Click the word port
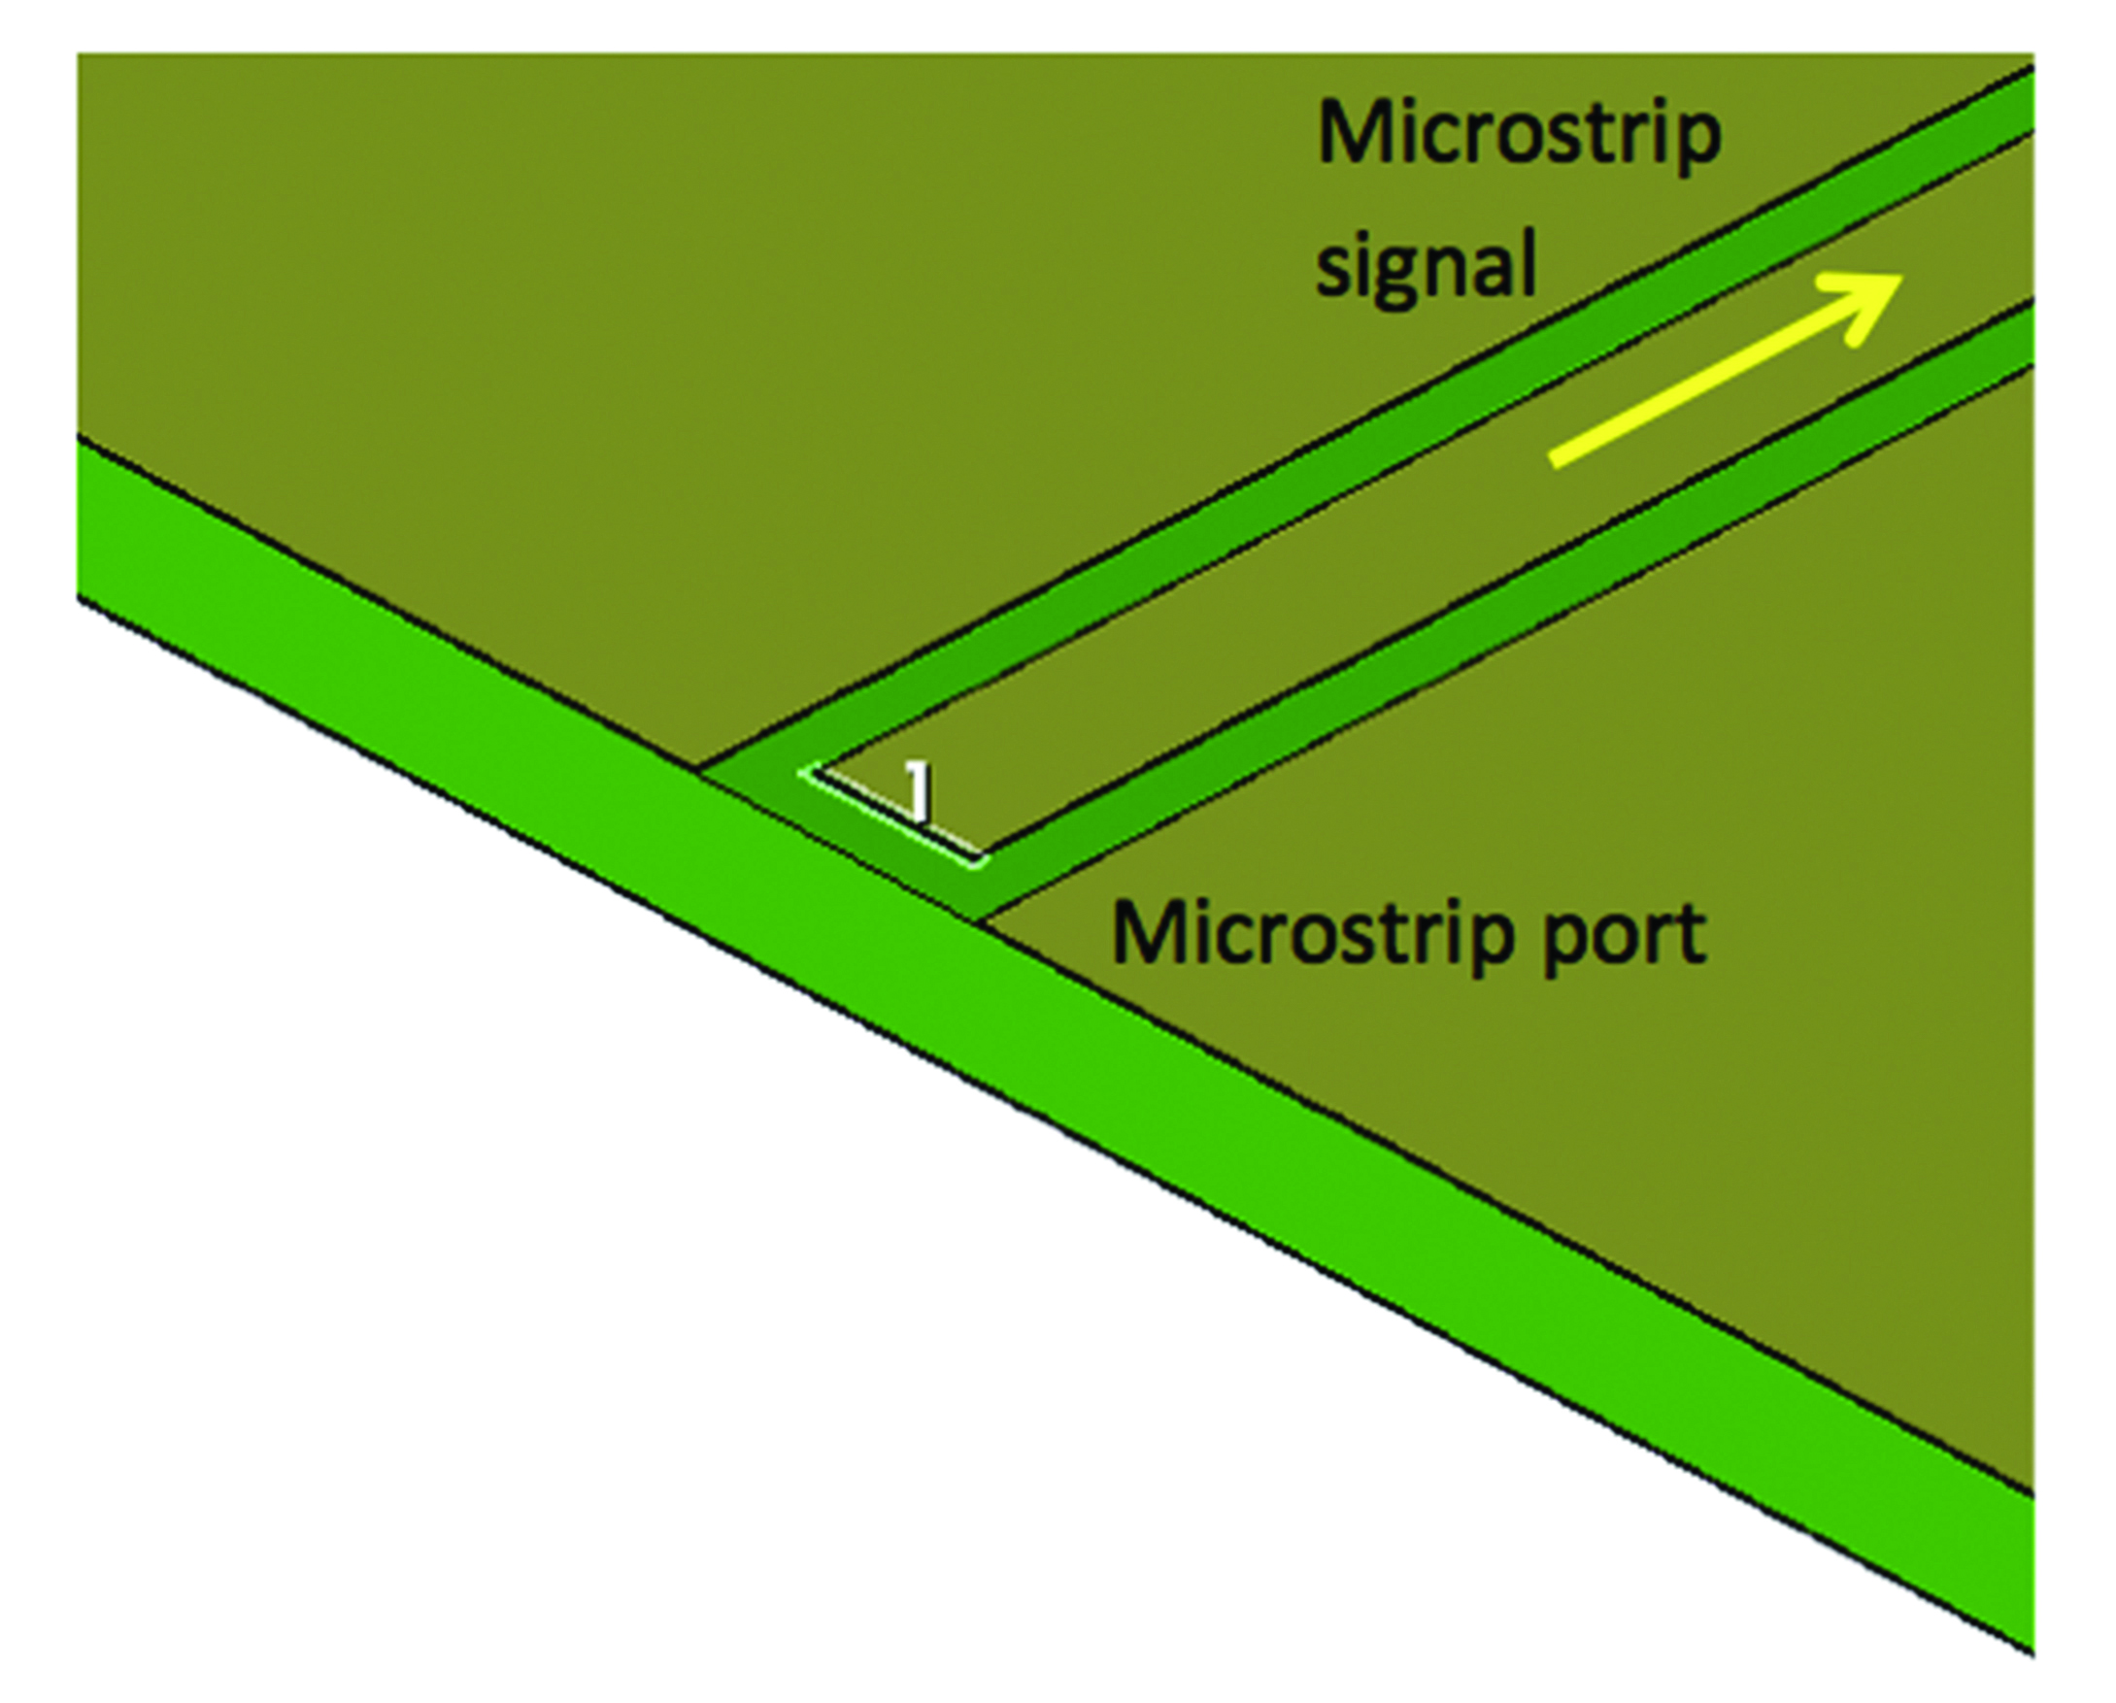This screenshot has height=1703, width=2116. click(1625, 940)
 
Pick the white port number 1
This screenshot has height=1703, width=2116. click(919, 793)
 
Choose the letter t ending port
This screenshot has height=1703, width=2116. click(1690, 934)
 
